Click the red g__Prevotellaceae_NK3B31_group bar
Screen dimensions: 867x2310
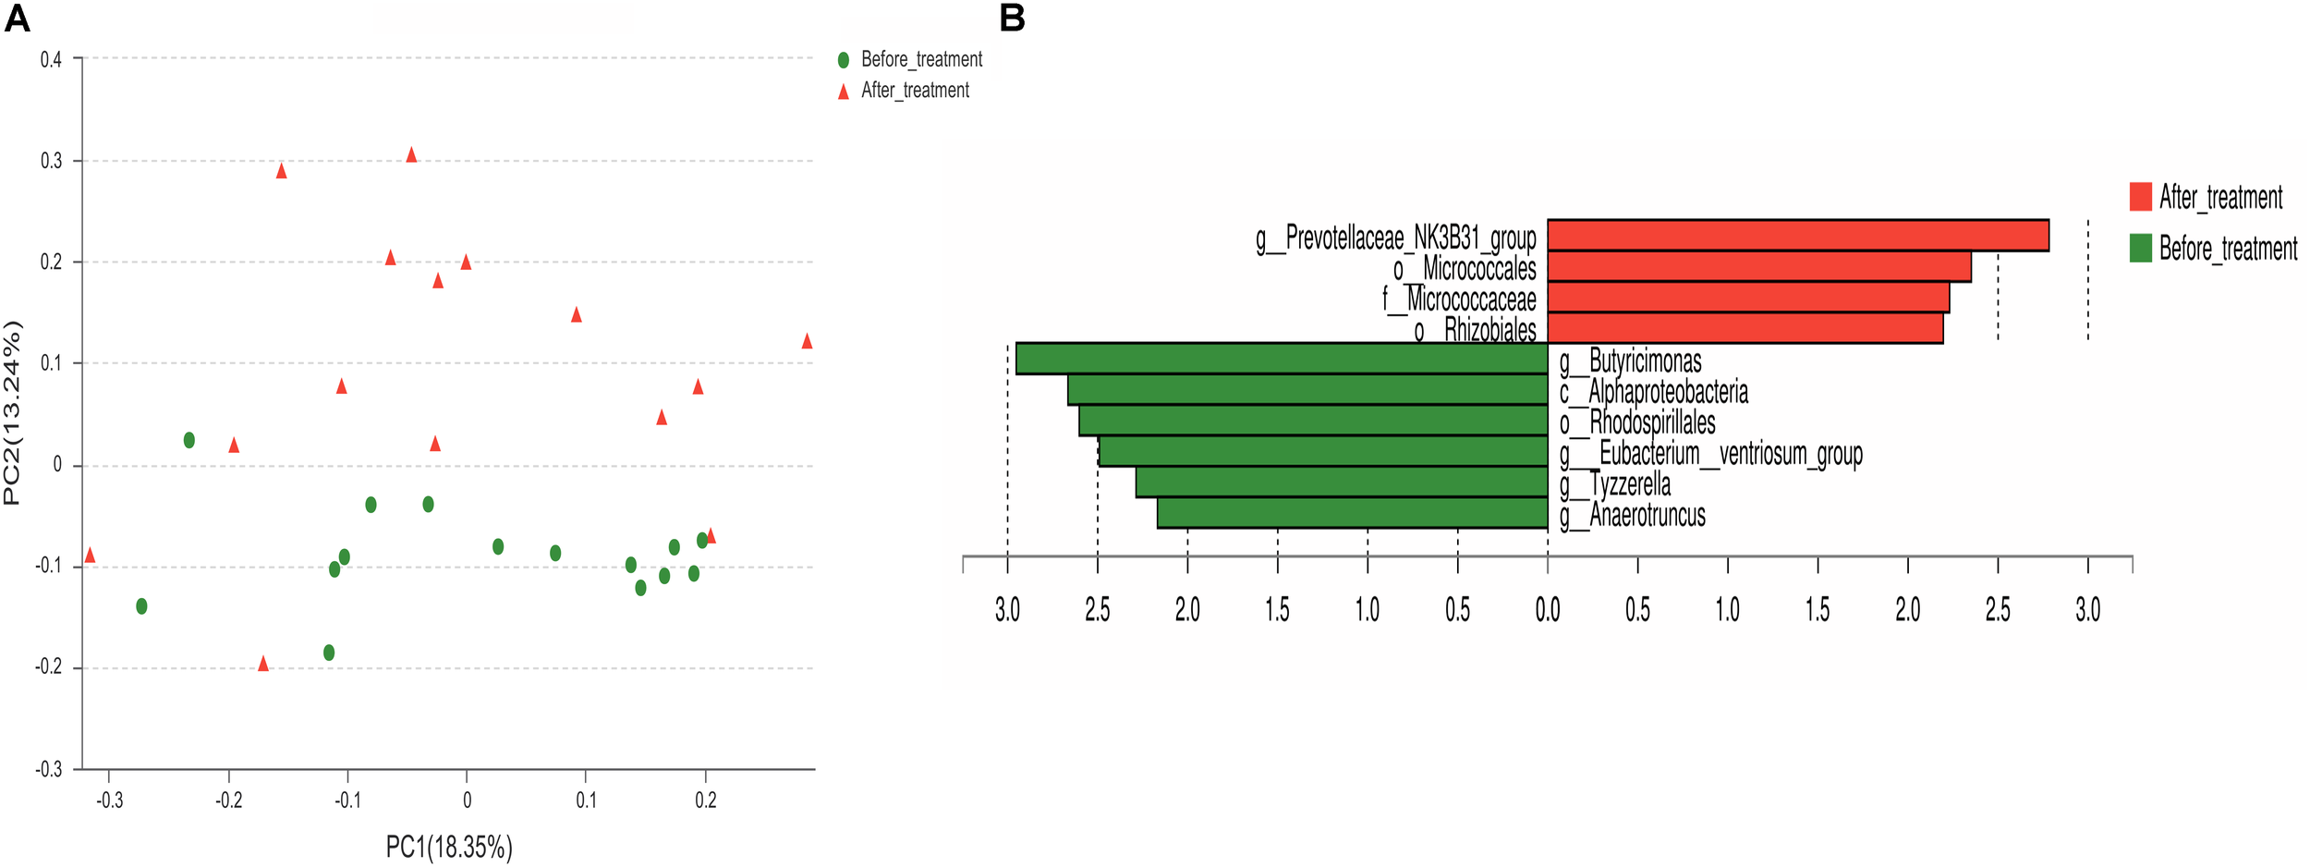[1797, 235]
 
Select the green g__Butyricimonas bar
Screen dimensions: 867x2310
[1281, 359]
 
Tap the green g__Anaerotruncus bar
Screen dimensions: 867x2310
[1352, 513]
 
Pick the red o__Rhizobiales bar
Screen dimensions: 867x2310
[1745, 328]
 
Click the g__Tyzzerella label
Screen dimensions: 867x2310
[1615, 484]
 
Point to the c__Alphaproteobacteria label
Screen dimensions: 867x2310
[1654, 392]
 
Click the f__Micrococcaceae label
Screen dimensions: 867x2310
[1459, 299]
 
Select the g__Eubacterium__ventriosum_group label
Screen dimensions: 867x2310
[1710, 454]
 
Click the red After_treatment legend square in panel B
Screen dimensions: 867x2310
[2140, 196]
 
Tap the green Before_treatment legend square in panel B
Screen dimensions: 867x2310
[2140, 248]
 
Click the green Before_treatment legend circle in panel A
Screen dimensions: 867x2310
[843, 60]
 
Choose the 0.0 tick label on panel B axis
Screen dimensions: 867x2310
[1548, 609]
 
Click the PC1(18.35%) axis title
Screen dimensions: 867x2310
[448, 847]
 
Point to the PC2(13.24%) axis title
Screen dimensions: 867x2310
[12, 413]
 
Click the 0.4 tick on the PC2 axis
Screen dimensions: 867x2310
[51, 60]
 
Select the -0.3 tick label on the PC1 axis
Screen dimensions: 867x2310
[109, 800]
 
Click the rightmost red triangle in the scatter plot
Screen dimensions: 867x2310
[807, 341]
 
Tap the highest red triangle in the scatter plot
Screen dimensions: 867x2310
[411, 154]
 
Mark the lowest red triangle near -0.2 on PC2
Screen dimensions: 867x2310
[263, 664]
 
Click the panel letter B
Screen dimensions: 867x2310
[1013, 18]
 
